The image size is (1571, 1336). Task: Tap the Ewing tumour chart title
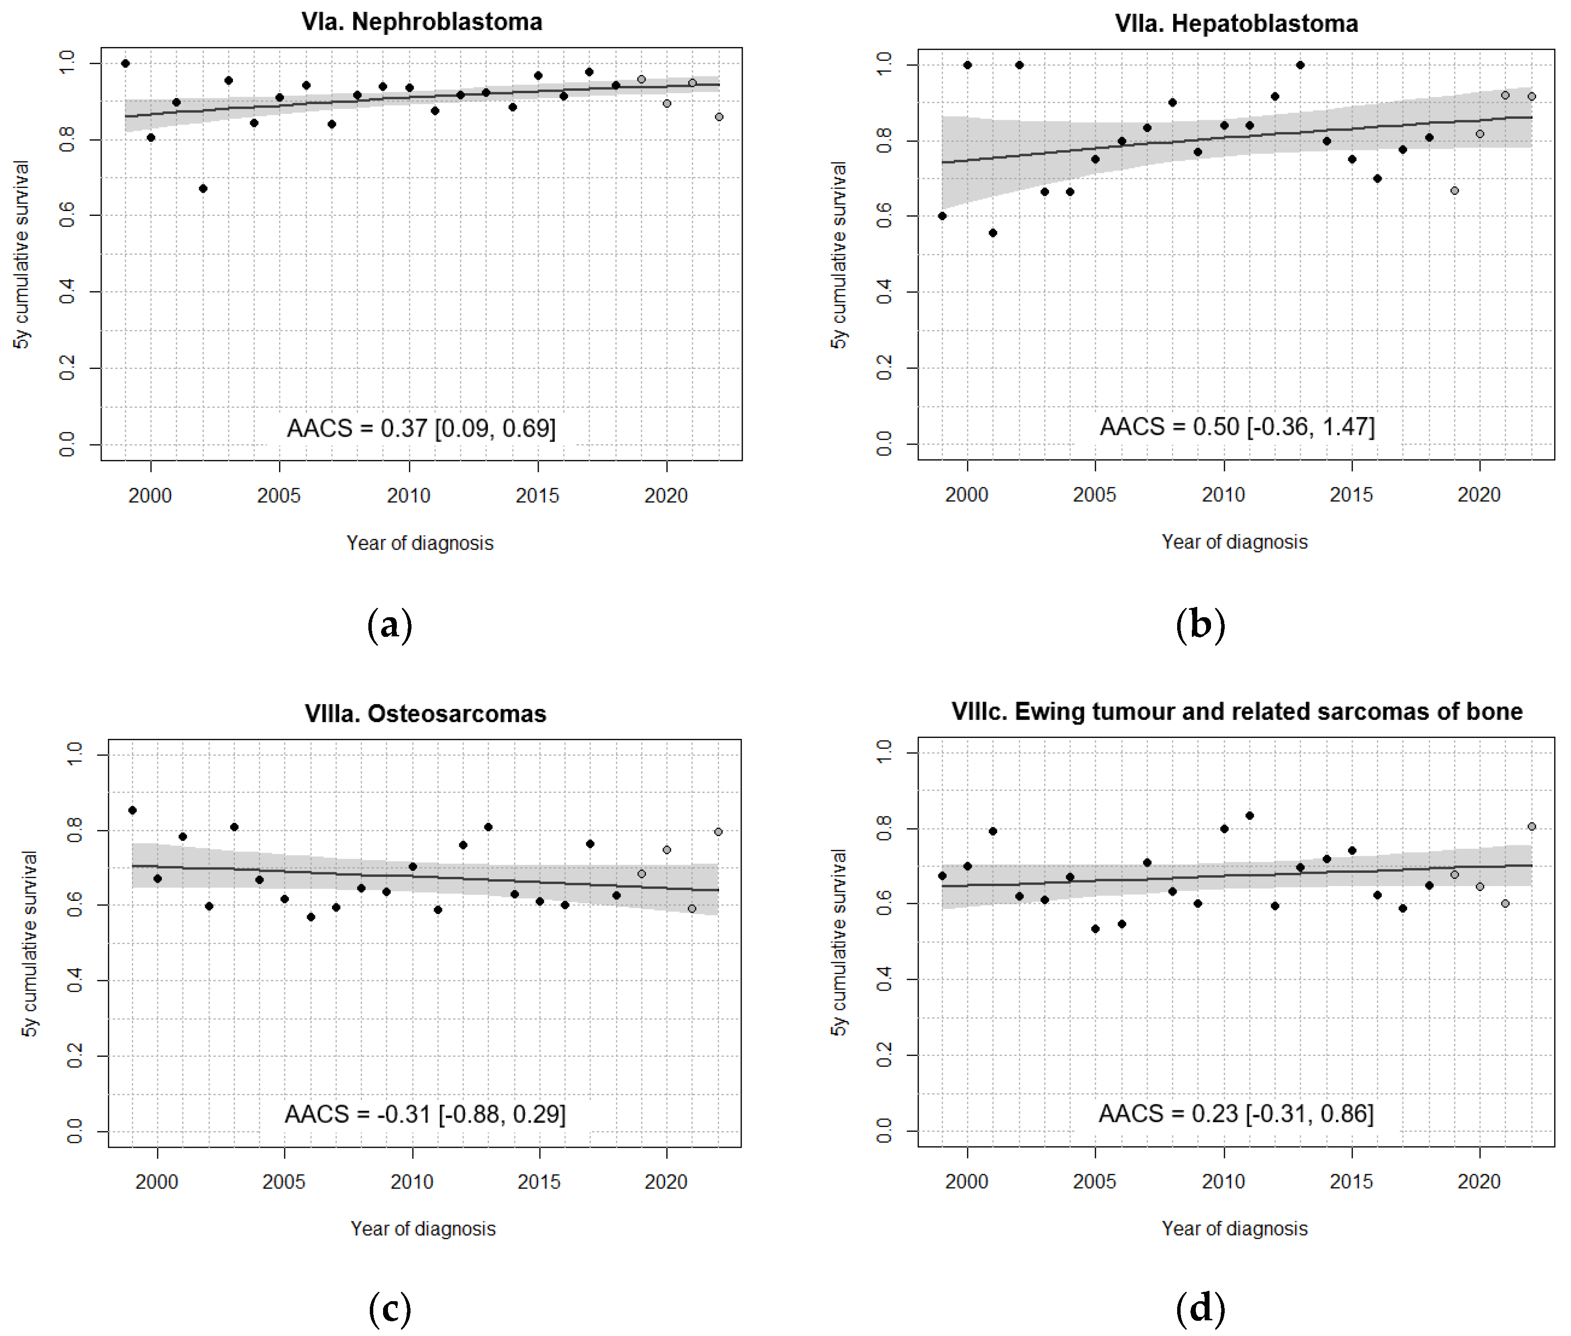(1236, 711)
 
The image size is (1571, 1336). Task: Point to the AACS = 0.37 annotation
(421, 429)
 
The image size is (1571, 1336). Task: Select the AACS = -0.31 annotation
(425, 1114)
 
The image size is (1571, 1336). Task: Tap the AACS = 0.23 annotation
(1236, 1113)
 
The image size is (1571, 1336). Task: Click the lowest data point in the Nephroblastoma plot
(203, 188)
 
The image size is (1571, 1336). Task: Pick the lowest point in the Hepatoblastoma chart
(993, 233)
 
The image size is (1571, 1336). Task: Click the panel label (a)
(389, 626)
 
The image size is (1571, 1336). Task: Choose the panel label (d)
(1200, 1309)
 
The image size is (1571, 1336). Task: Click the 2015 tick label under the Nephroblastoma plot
(538, 496)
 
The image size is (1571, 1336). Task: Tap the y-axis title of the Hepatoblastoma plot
(838, 255)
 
